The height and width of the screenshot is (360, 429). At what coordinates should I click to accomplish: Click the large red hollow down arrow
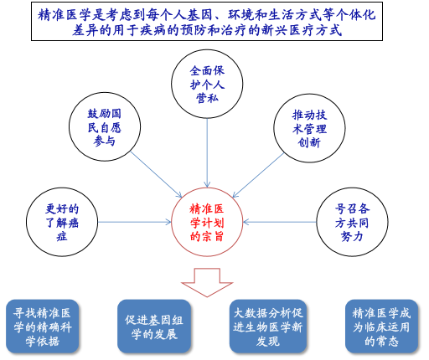click(207, 282)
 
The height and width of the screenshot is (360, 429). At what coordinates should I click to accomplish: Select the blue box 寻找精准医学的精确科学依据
click(42, 327)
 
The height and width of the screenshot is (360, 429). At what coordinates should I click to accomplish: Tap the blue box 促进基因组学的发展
click(154, 327)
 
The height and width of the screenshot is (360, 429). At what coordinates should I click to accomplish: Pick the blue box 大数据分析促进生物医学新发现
click(268, 327)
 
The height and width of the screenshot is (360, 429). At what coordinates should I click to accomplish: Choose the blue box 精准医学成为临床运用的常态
click(381, 327)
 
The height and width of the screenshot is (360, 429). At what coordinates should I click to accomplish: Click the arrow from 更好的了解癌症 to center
click(135, 222)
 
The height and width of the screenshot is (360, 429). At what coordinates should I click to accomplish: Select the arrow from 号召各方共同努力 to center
click(280, 222)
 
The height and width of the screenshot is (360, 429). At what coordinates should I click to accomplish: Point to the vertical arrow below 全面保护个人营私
click(207, 153)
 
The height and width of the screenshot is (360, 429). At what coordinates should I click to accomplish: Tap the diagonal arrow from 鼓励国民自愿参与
click(157, 175)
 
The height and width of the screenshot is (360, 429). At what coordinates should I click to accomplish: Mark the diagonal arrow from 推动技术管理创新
click(258, 175)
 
